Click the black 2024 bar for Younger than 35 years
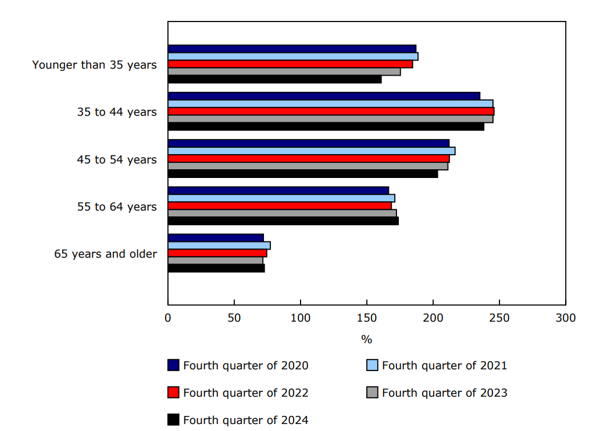pos(274,79)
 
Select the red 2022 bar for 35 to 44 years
pos(331,111)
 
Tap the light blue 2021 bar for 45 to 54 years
pos(311,151)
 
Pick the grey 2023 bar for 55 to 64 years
pos(282,213)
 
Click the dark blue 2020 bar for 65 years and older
pos(216,237)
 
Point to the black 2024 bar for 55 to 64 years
pos(283,220)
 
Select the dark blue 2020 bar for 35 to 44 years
pos(324,96)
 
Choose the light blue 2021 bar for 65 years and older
pos(219,245)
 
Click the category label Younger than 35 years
pos(94,65)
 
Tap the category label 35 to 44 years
pos(117,112)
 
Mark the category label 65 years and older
pos(105,254)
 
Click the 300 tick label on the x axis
pos(566,318)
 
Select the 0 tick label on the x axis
pos(168,318)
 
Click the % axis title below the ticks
pos(366,339)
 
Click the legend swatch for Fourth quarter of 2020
pos(173,365)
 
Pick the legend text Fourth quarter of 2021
pos(444,365)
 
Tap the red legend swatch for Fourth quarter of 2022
pos(173,393)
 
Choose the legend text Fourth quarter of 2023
pos(444,393)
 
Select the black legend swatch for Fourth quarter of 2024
pos(173,419)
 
